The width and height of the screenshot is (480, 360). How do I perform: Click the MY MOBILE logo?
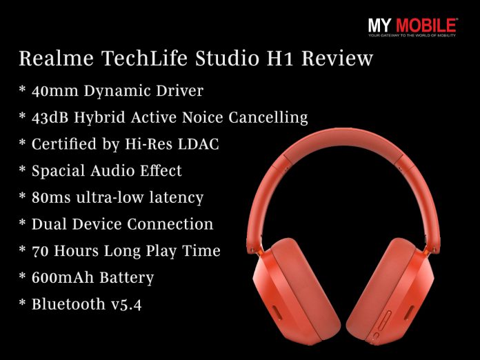pyautogui.click(x=412, y=26)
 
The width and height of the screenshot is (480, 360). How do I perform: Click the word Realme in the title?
pyautogui.click(x=53, y=59)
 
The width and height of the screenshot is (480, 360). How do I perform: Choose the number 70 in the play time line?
pyautogui.click(x=41, y=250)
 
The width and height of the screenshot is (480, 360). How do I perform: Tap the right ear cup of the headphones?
pyautogui.click(x=386, y=290)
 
